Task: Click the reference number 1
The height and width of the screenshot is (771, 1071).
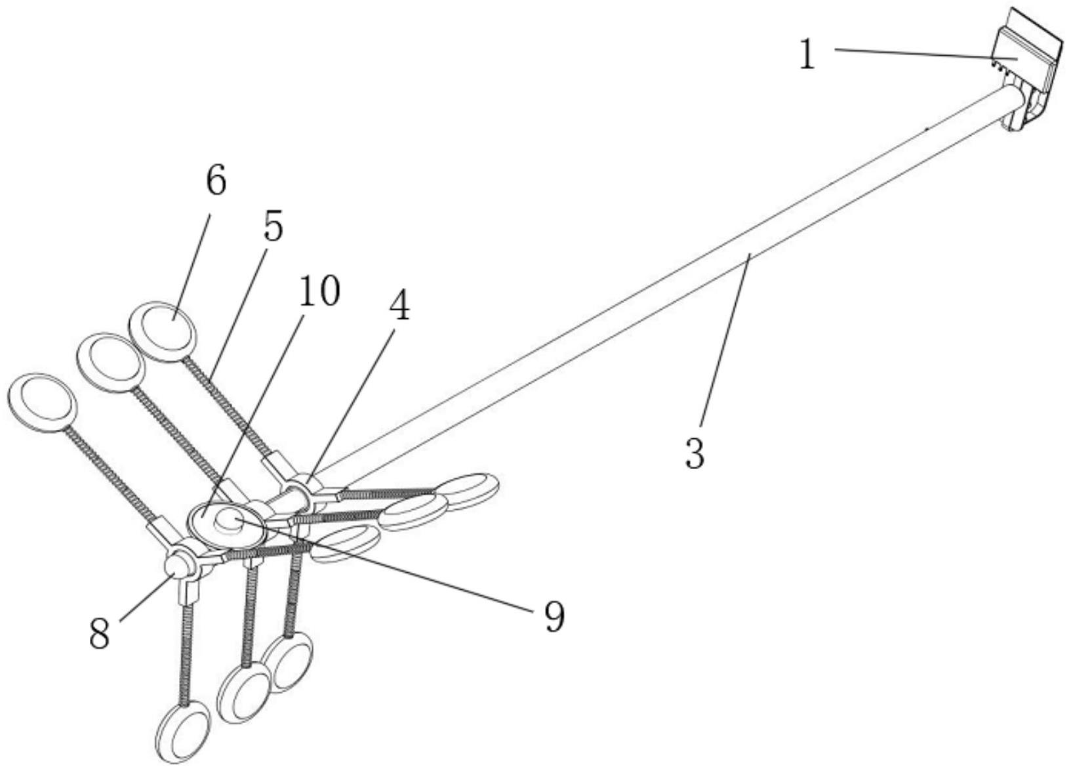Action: (x=807, y=55)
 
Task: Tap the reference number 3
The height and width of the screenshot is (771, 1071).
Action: (x=695, y=453)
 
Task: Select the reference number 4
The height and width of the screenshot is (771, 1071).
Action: (x=397, y=306)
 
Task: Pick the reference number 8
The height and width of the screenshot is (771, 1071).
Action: (x=100, y=634)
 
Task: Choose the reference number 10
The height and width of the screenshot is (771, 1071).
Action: (x=319, y=291)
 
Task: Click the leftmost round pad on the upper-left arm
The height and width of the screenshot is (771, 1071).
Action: (x=43, y=402)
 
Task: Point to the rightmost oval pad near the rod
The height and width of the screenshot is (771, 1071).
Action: (x=467, y=490)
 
